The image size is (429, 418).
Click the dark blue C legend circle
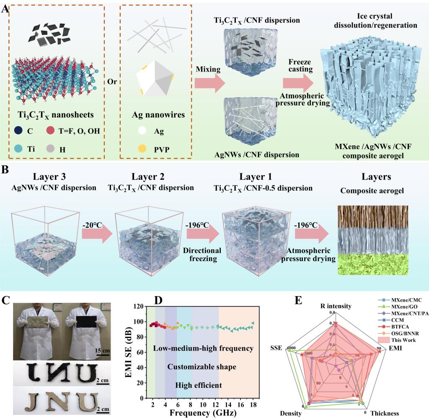click(x=18, y=131)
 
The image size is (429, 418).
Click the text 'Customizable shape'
click(x=202, y=367)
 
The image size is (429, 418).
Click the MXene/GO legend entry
click(x=402, y=308)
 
